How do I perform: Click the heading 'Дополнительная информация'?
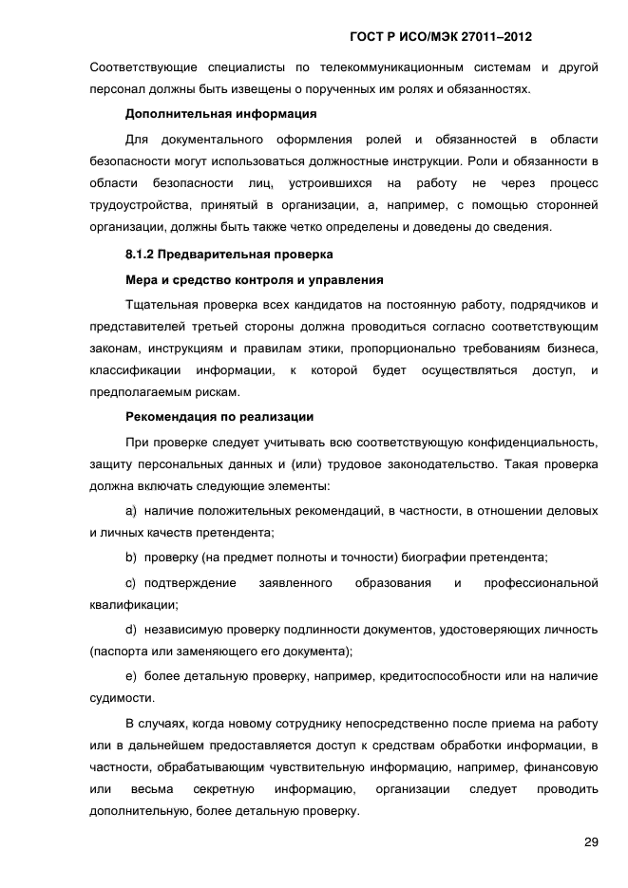click(x=221, y=114)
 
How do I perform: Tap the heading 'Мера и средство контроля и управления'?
click(x=255, y=279)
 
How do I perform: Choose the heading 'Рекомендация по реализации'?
click(x=219, y=416)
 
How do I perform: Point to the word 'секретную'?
click(x=222, y=789)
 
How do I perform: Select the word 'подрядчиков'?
click(x=545, y=304)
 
